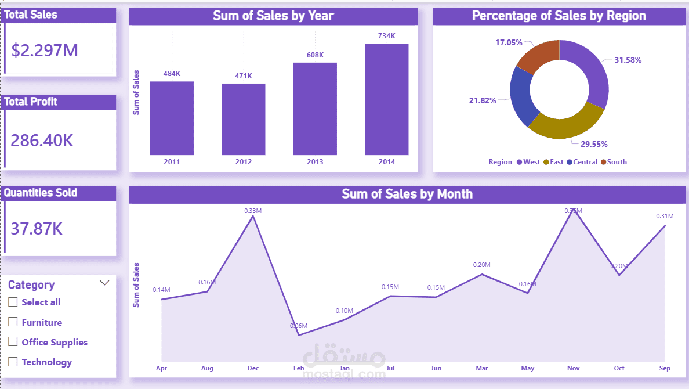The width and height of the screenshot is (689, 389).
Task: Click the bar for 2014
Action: (x=386, y=100)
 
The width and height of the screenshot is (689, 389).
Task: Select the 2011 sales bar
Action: (x=172, y=118)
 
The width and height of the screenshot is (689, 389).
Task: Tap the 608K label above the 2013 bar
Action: (x=315, y=55)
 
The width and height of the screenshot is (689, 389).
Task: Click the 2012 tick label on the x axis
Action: (x=244, y=162)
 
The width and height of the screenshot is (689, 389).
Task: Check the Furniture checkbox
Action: (x=13, y=322)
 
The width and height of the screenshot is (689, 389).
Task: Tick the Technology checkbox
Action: (x=13, y=362)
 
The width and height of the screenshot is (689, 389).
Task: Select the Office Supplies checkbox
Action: (x=13, y=342)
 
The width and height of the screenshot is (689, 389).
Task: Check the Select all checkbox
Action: (x=13, y=302)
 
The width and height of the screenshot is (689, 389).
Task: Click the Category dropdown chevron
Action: (x=105, y=283)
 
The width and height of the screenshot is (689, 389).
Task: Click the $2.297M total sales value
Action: (x=45, y=51)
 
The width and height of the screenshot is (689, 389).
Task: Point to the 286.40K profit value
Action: (x=42, y=141)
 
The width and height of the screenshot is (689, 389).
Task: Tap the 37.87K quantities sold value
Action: (x=37, y=228)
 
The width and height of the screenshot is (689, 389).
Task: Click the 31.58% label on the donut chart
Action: (x=628, y=60)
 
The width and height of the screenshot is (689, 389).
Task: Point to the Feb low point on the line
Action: (x=299, y=335)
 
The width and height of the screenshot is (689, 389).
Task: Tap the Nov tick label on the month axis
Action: (x=574, y=368)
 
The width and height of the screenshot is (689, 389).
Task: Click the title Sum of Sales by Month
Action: (x=407, y=194)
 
